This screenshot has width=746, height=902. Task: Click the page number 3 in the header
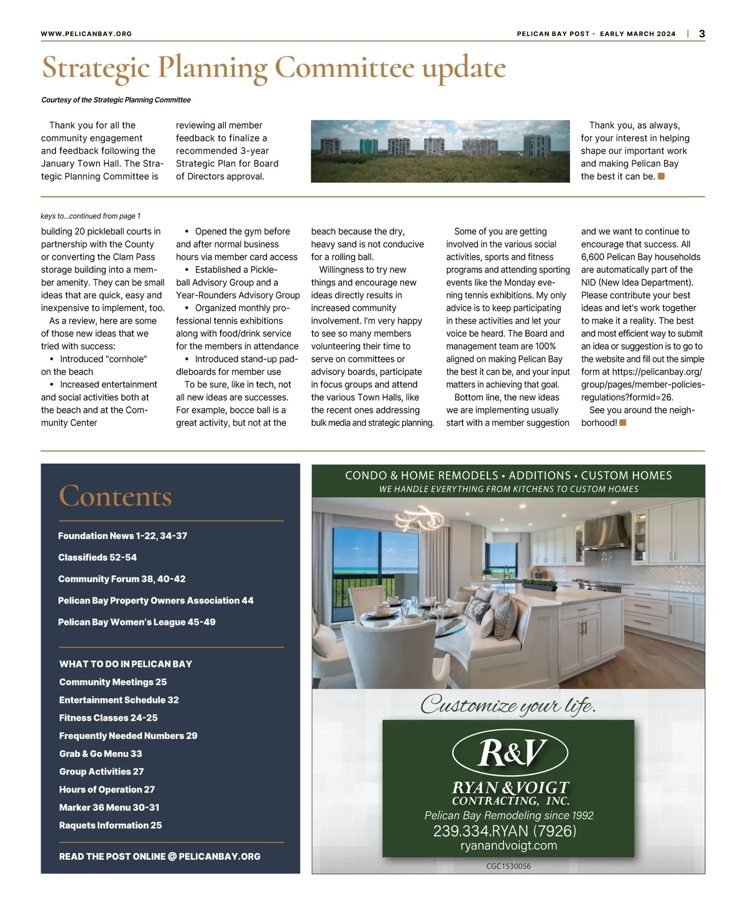[702, 34]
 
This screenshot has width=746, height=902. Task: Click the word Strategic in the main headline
[96, 68]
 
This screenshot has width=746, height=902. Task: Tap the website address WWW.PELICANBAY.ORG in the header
[86, 34]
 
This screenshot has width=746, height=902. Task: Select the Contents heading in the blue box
[115, 496]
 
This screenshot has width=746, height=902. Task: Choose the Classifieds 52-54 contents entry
[97, 558]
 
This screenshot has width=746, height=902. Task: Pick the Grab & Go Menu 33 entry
[101, 753]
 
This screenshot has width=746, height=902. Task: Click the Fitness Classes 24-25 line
[108, 718]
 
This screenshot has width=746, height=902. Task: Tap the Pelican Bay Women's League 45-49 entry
[137, 622]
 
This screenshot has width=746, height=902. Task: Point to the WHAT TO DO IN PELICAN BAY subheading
[126, 664]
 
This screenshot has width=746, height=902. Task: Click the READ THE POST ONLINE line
[160, 857]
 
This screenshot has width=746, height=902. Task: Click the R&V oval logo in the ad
[510, 753]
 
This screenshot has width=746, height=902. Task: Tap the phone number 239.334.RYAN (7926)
[505, 831]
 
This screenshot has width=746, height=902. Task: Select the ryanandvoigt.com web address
[509, 845]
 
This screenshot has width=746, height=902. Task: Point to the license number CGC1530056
[509, 866]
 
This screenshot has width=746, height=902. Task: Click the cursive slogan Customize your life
[508, 706]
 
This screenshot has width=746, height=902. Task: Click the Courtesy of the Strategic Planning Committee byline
[116, 100]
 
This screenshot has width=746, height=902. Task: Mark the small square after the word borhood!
[623, 423]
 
